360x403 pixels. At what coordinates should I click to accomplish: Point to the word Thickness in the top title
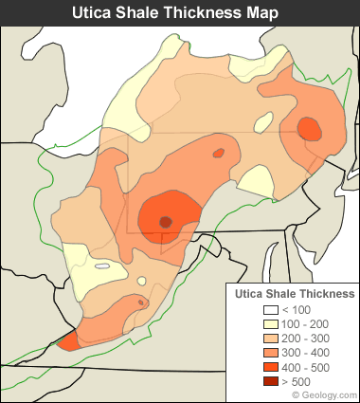211,13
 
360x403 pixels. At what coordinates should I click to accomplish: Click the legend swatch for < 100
270,310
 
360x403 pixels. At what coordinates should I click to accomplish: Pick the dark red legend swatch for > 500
270,381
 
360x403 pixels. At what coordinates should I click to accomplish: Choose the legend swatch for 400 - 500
270,367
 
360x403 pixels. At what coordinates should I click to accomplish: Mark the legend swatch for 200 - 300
270,339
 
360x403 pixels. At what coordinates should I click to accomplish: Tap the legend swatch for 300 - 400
270,353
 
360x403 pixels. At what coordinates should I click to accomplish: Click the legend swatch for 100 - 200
270,324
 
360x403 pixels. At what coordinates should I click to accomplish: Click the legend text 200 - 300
305,339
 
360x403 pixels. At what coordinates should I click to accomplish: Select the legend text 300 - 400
305,353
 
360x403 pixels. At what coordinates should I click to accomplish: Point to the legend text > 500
299,381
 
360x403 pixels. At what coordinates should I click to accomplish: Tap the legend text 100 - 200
305,324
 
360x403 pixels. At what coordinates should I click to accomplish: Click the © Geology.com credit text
323,394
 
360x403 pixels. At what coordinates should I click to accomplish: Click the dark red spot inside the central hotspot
166,222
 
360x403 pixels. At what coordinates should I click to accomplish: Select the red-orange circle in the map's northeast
309,128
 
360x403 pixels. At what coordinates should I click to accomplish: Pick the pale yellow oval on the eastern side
256,179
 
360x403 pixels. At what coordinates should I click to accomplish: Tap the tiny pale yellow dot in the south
141,281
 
